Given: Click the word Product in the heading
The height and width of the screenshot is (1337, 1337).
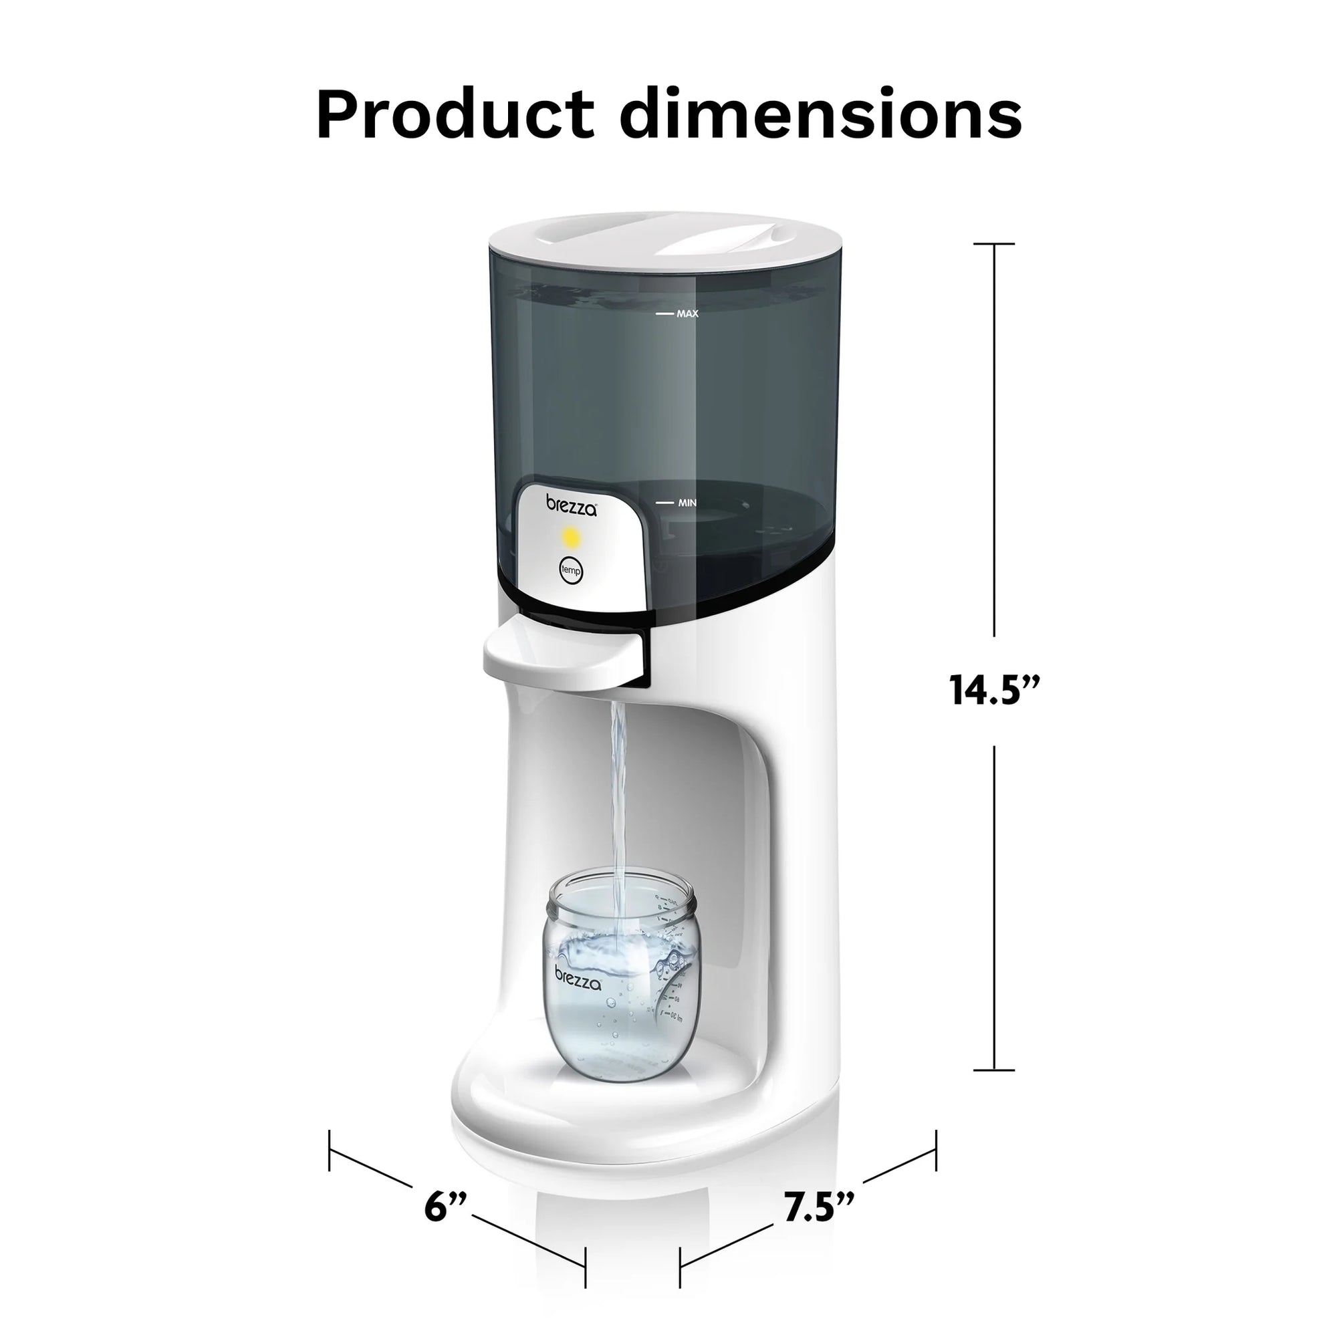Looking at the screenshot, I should click(x=455, y=114).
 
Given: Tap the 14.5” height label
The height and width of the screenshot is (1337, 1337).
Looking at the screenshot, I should click(x=995, y=690).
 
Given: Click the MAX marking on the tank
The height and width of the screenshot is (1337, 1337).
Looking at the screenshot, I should click(x=687, y=314).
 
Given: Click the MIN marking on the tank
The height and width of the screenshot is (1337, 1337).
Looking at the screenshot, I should click(x=687, y=503).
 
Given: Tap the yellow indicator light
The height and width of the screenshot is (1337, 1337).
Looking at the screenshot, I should click(x=570, y=535).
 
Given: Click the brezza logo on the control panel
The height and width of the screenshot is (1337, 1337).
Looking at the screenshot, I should click(x=571, y=505).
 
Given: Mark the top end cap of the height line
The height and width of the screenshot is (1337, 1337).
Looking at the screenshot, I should click(x=995, y=244).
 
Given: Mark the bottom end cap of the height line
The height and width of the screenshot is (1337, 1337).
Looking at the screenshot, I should click(x=995, y=1089).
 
